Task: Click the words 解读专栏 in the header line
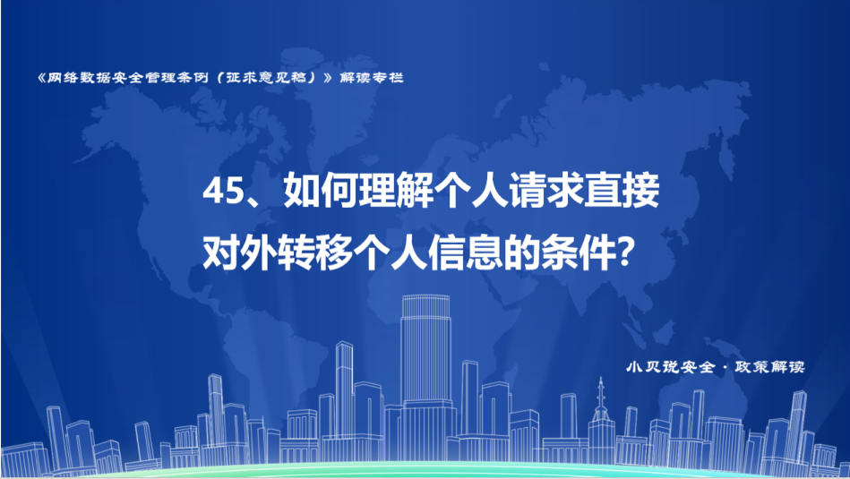(372, 78)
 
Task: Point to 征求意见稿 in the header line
(270, 78)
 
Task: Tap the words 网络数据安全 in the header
(96, 78)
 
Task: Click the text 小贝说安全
(671, 367)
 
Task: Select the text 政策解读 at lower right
(769, 367)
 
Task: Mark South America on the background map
(271, 346)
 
